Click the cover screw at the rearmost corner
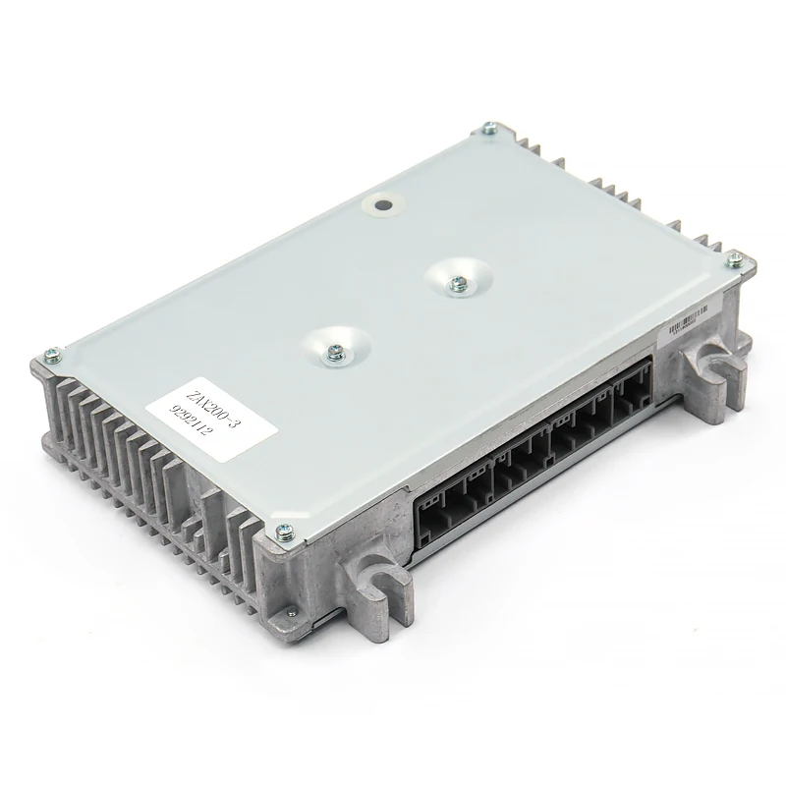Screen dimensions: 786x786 (x=489, y=127)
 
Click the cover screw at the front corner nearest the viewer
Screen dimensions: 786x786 (x=285, y=529)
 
